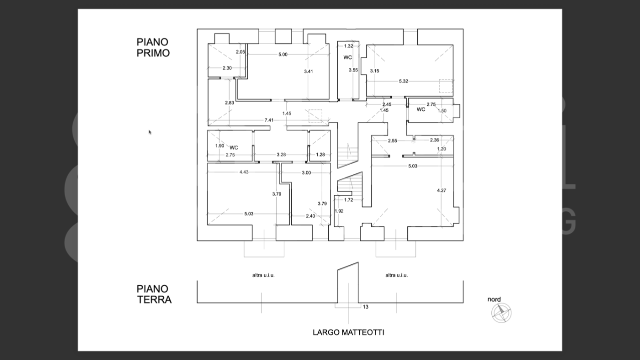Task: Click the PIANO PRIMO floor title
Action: pyautogui.click(x=153, y=47)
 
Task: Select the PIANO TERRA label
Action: pyautogui.click(x=154, y=294)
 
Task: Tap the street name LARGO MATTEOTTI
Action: pyautogui.click(x=348, y=332)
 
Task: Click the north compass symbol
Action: pyautogui.click(x=501, y=313)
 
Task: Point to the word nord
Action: pyautogui.click(x=494, y=299)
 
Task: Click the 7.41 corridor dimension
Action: pyautogui.click(x=269, y=120)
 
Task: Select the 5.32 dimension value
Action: pyautogui.click(x=404, y=81)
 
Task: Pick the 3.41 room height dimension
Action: pyautogui.click(x=309, y=71)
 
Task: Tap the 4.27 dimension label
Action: pyautogui.click(x=441, y=190)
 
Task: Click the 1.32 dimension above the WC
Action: pyautogui.click(x=349, y=46)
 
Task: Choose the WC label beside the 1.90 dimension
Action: pyautogui.click(x=234, y=147)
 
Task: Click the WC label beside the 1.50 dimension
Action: pyautogui.click(x=421, y=109)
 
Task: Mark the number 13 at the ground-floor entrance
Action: pyautogui.click(x=365, y=307)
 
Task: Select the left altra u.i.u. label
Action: pyautogui.click(x=263, y=275)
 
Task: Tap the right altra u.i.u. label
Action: pyautogui.click(x=396, y=275)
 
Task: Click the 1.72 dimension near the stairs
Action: pyautogui.click(x=349, y=200)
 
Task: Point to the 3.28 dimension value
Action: pyautogui.click(x=281, y=155)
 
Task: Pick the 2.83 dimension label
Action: pyautogui.click(x=229, y=102)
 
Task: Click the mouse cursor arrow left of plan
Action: pyautogui.click(x=150, y=132)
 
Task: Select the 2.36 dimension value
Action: pyautogui.click(x=434, y=140)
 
